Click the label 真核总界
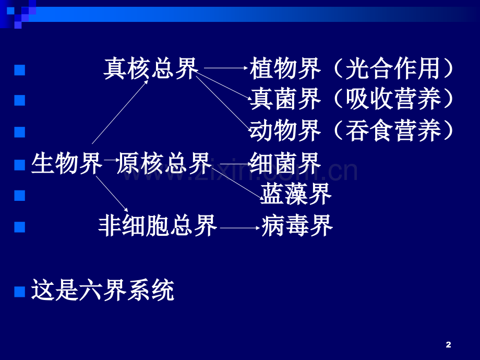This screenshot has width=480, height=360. pyautogui.click(x=151, y=68)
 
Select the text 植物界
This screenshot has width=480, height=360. pyautogui.click(x=285, y=68)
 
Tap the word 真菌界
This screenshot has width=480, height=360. pyautogui.click(x=285, y=99)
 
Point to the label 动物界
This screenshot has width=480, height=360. pyautogui.click(x=285, y=131)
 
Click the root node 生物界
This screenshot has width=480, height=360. pyautogui.click(x=67, y=163)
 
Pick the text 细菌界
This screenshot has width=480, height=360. pyautogui.click(x=285, y=163)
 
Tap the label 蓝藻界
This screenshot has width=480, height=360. pyautogui.click(x=296, y=194)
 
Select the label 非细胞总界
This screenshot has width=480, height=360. pyautogui.click(x=158, y=226)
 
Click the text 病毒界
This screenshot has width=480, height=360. pyautogui.click(x=297, y=226)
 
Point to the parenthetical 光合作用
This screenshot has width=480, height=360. pyautogui.click(x=393, y=68)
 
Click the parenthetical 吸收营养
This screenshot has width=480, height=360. pyautogui.click(x=393, y=99)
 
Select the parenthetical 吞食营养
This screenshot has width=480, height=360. pyautogui.click(x=393, y=131)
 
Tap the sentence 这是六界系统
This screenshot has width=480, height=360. pyautogui.click(x=103, y=290)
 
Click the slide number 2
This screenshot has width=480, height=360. pyautogui.click(x=449, y=345)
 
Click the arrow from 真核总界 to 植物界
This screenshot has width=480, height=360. pyautogui.click(x=226, y=68)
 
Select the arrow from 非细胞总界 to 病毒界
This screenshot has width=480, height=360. pyautogui.click(x=240, y=228)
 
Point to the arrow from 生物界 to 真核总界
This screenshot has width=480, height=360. pyautogui.click(x=120, y=112)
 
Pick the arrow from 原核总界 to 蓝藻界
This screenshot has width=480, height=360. pyautogui.click(x=235, y=183)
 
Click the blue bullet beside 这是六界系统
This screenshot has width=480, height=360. pyautogui.click(x=20, y=292)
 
